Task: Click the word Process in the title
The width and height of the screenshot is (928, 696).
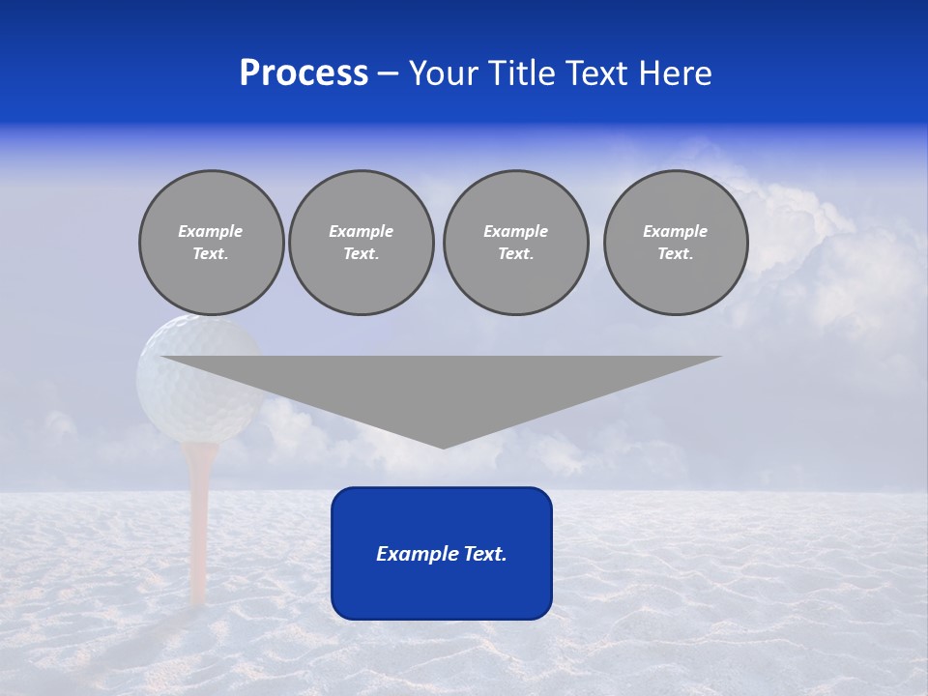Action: pos(304,73)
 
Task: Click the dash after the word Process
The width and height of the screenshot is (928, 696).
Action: pos(388,75)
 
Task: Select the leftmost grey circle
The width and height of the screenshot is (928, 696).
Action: pos(211,243)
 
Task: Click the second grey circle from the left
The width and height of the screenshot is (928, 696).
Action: pos(361,243)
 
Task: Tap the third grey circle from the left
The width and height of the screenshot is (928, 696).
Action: pos(515,243)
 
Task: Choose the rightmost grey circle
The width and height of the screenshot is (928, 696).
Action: pos(675,243)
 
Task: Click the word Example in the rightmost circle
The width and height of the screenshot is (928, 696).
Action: pos(675,231)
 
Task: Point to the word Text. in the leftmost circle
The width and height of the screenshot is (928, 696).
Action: pos(211,254)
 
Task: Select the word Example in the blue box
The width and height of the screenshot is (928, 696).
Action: pos(418,554)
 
